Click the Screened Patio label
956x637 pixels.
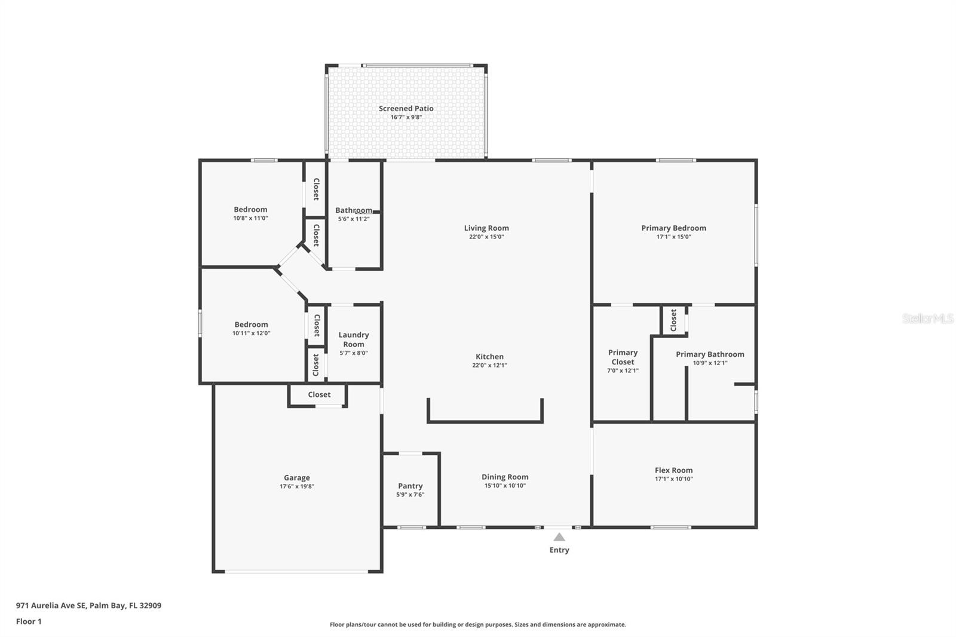406,109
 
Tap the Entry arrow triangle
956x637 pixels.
559,537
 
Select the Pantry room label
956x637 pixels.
410,486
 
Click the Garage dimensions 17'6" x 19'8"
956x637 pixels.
296,486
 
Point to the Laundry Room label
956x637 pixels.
354,339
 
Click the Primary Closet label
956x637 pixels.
623,357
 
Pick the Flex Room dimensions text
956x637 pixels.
673,479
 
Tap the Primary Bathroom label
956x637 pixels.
710,354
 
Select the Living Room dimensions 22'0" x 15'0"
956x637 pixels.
486,237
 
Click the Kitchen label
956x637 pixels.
489,357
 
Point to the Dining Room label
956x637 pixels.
505,477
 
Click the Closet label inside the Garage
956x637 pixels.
319,394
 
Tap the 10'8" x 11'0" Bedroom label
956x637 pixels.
250,210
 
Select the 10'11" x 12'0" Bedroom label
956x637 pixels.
251,324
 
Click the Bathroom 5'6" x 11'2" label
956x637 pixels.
354,210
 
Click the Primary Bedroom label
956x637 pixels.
673,228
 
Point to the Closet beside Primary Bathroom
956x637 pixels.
673,320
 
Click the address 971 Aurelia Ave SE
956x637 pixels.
88,605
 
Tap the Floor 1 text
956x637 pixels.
29,621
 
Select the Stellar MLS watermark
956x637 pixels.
927,318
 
